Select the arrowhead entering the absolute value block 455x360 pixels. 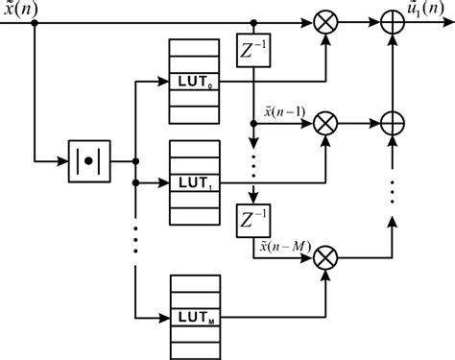65,159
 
